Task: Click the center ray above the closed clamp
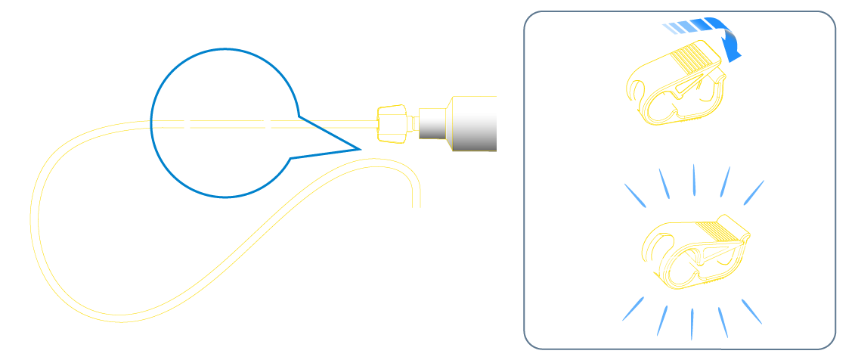coord(693,180)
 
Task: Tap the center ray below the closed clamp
coord(693,323)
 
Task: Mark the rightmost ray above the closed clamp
coord(754,192)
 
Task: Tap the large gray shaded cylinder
coord(473,123)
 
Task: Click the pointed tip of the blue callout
coord(360,148)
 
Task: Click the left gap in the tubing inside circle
coord(187,124)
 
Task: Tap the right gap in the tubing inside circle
coord(269,124)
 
